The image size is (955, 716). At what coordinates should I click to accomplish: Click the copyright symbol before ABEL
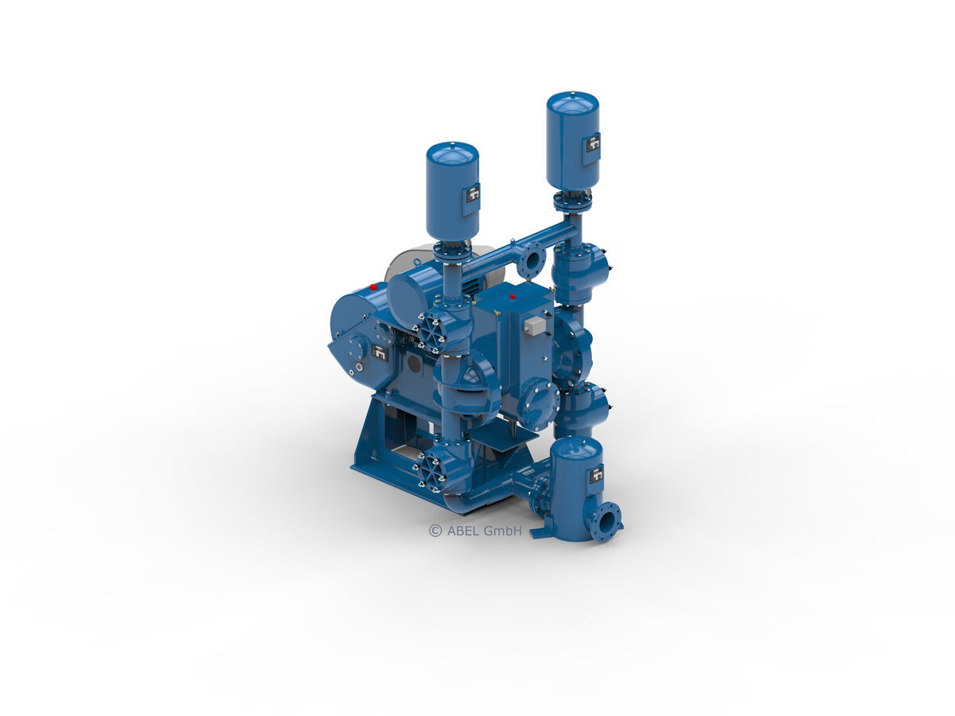coord(435,531)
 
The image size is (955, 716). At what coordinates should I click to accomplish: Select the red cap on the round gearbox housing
coord(373,286)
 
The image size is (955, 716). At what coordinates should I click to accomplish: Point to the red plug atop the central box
coord(513,297)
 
